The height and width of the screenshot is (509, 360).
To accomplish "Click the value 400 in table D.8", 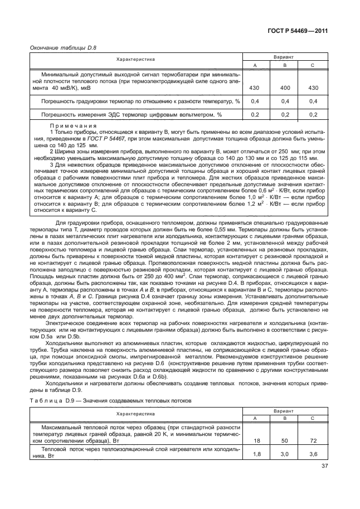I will click(284, 88).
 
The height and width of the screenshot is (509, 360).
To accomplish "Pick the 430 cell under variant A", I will click(255, 88).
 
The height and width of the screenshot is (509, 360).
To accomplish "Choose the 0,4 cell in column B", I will click(284, 101).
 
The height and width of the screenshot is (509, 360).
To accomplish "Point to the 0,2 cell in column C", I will click(313, 114).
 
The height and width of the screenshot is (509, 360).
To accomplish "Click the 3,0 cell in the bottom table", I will click(284, 454).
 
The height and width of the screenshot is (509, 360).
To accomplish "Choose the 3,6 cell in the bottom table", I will click(313, 454).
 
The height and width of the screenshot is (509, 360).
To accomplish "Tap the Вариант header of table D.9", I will click(284, 410).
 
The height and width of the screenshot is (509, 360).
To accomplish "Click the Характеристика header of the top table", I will click(135, 59).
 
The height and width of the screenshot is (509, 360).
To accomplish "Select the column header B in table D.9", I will click(284, 418).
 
